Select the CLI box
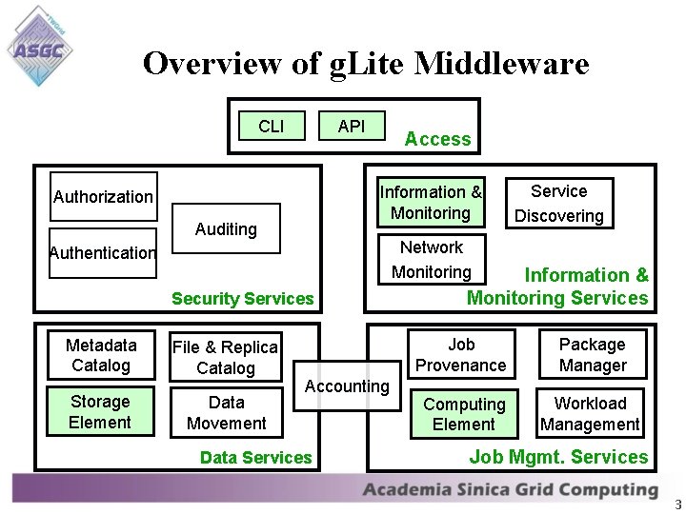pos(272,126)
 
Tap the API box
pos(352,126)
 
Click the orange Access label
pos(437,139)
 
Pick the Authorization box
pos(103,197)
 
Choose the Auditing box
pos(226,228)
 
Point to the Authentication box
pos(103,253)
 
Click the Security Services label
pos(242,299)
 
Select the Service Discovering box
pos(559,204)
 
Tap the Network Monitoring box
pos(432,260)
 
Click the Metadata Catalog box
pos(101,355)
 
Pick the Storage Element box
pos(100,412)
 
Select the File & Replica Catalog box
pos(226,358)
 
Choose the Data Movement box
pos(226,413)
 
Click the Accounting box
pos(347,386)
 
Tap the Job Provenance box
pos(461,355)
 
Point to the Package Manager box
pos(592,355)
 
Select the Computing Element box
pos(464,415)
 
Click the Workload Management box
pos(591,414)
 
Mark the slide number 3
pos(676,504)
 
